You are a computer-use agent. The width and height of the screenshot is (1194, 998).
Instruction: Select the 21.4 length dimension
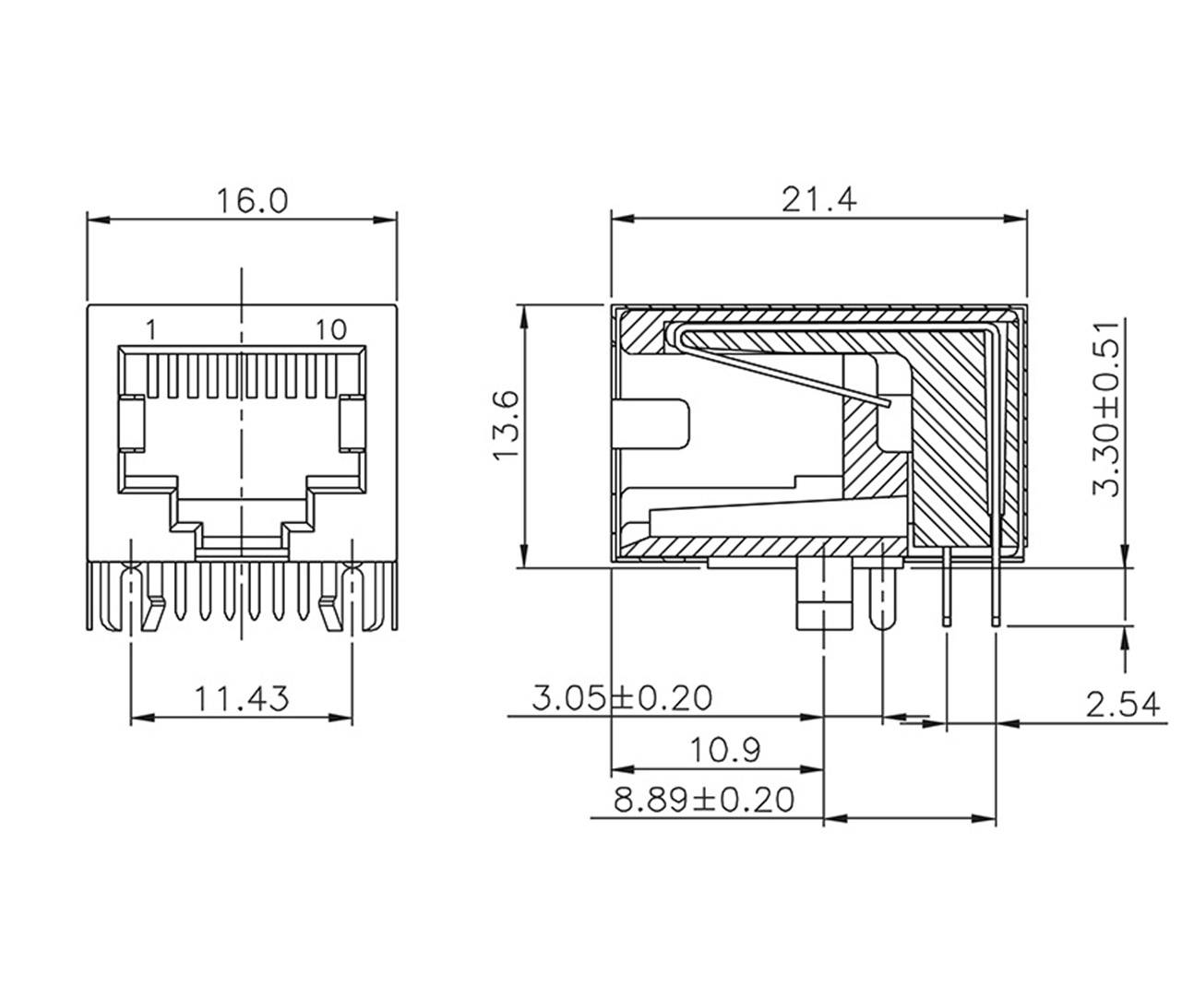[819, 201]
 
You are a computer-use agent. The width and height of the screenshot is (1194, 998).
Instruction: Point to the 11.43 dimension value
[241, 698]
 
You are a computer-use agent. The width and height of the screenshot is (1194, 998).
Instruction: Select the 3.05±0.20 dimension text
[623, 698]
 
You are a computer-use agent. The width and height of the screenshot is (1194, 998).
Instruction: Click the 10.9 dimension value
[726, 750]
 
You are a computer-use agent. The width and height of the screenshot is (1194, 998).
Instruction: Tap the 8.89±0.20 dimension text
[704, 799]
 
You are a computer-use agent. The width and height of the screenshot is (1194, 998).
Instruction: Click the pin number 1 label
[151, 329]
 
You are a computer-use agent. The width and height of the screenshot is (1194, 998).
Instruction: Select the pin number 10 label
[329, 329]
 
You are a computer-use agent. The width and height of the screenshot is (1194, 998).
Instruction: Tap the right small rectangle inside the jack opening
[352, 423]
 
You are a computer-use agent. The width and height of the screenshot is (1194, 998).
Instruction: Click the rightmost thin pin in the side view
[996, 590]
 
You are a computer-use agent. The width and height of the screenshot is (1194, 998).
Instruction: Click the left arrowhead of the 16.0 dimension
[96, 220]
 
